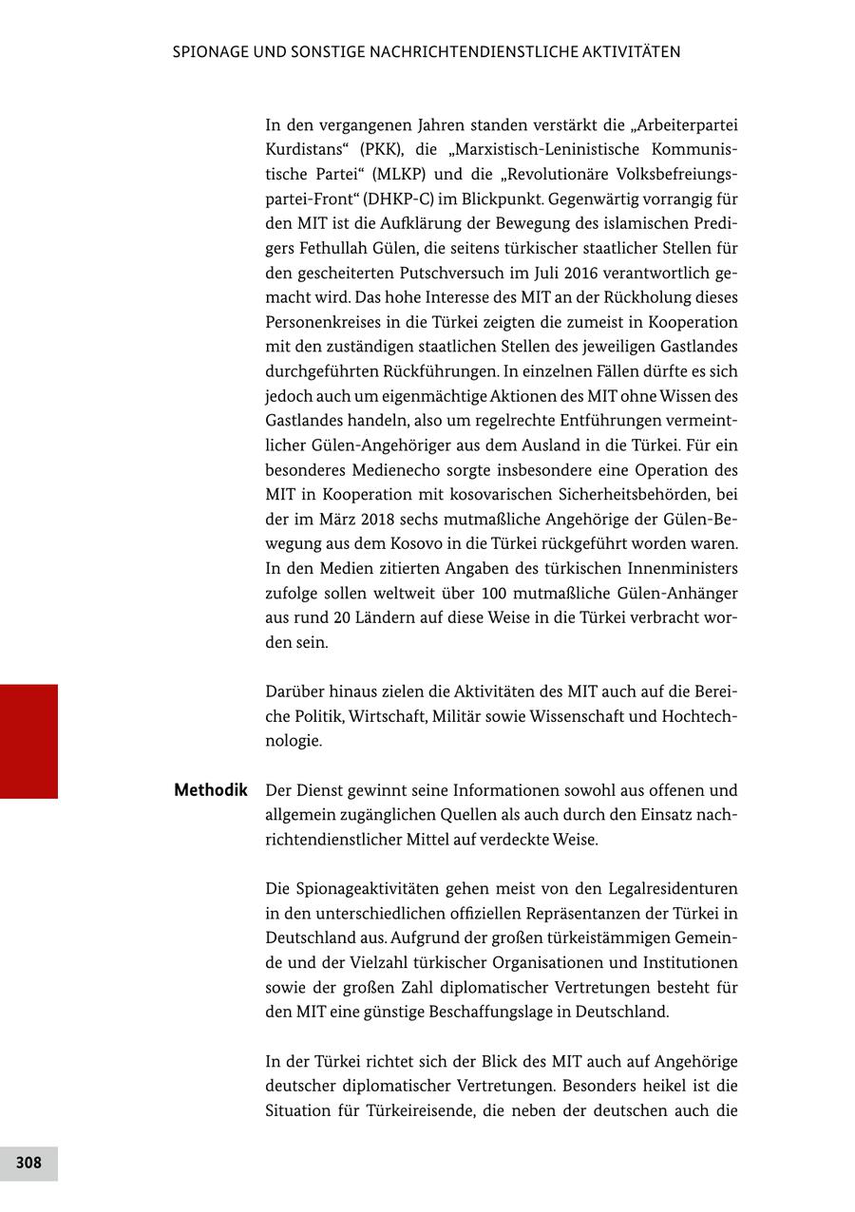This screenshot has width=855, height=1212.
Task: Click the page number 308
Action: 28,1163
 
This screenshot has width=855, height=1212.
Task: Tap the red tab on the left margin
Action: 28,741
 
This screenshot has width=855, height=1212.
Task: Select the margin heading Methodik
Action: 210,790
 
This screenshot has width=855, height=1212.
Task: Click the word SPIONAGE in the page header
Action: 210,52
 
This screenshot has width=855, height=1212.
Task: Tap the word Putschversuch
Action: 433,274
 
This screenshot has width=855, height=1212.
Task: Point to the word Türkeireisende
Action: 425,1111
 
